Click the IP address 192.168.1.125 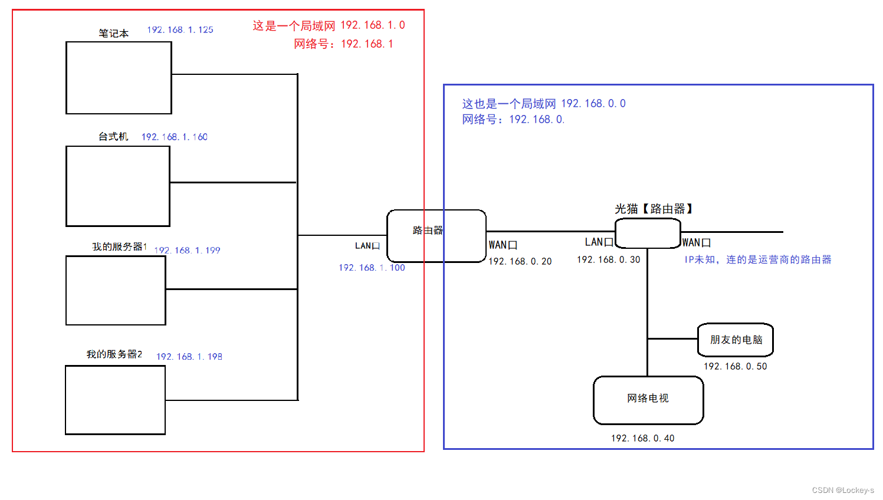pos(180,29)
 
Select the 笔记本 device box pos(119,78)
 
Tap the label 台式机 pos(113,137)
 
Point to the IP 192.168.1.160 pos(174,137)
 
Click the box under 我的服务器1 pos(116,291)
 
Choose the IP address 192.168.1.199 pos(187,251)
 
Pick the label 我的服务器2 pos(114,354)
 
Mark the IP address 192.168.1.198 pos(189,357)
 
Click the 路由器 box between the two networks pos(436,236)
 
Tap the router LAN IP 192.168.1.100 pos(372,268)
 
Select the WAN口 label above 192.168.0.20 pos(503,245)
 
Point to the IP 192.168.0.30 pos(608,259)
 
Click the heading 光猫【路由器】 pos(654,209)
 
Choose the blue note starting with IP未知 pos(757,259)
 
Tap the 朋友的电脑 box pos(736,340)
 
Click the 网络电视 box pos(648,400)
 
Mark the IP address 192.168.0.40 pos(642,438)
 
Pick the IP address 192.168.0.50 pos(735,366)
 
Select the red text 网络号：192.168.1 pos(343,44)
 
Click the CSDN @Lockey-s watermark pos(843,490)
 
